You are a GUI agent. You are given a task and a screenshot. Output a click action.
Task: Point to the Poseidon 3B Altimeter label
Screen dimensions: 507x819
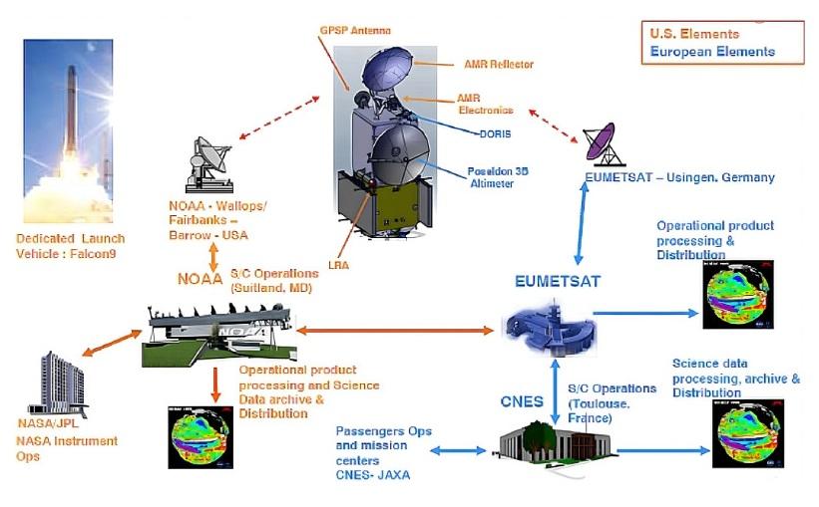tap(498, 177)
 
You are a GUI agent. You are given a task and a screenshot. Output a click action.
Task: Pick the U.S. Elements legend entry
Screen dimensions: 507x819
tap(694, 34)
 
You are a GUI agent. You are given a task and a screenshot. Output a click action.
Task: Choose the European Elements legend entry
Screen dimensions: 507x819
tap(712, 52)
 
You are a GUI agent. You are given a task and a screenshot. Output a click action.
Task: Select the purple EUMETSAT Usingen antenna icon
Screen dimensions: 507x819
tap(605, 141)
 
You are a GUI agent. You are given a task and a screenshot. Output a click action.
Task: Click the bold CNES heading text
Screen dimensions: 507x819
tap(521, 402)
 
